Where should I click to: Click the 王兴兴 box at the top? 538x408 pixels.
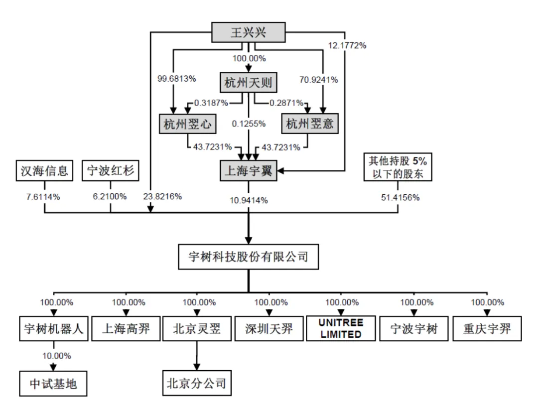click(249, 32)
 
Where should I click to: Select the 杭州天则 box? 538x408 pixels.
click(249, 82)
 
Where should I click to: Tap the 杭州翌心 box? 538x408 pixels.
click(187, 124)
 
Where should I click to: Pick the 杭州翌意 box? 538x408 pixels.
click(310, 124)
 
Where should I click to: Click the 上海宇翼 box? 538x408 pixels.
click(249, 170)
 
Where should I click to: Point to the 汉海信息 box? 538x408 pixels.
click(45, 170)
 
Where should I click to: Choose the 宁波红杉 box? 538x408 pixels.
click(111, 170)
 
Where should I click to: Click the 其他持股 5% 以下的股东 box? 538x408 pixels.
click(398, 167)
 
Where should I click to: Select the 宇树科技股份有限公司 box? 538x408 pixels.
click(249, 257)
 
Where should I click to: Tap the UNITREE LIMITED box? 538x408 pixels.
click(341, 328)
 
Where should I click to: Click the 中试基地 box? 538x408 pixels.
click(53, 384)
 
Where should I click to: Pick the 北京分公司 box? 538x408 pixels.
click(197, 383)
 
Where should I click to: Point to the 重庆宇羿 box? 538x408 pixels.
click(487, 329)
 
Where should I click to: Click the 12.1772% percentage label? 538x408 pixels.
click(347, 45)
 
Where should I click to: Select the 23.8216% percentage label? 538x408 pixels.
click(162, 197)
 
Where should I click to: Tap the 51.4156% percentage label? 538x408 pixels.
click(401, 198)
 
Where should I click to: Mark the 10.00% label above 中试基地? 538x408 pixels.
click(57, 356)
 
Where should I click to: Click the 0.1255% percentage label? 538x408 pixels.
click(249, 124)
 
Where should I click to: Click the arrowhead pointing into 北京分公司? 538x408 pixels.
click(197, 367)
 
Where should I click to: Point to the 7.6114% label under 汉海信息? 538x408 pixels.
click(43, 197)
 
